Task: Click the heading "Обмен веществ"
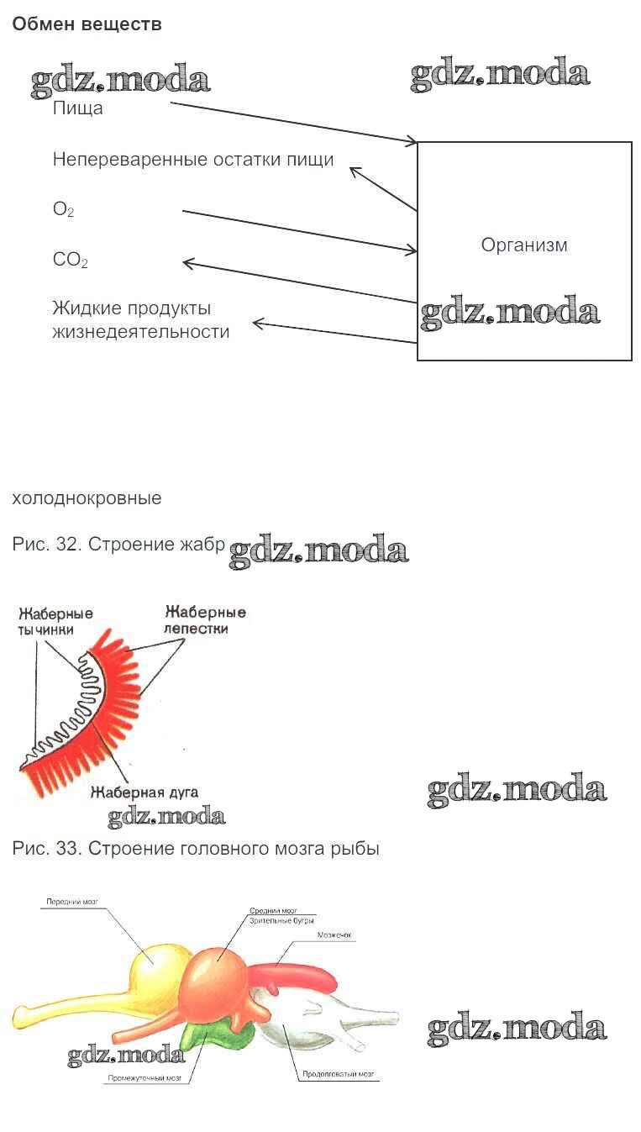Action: click(87, 24)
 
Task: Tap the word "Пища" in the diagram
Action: click(77, 108)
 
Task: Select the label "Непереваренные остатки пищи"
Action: click(193, 160)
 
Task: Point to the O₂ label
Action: click(63, 210)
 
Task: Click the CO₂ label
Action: click(70, 261)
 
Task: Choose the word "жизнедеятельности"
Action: click(140, 332)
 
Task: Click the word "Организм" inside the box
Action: click(524, 245)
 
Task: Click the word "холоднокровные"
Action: click(87, 498)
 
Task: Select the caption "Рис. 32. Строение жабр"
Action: click(118, 545)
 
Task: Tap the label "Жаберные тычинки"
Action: click(55, 621)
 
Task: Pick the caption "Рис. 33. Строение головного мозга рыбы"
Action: click(196, 849)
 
